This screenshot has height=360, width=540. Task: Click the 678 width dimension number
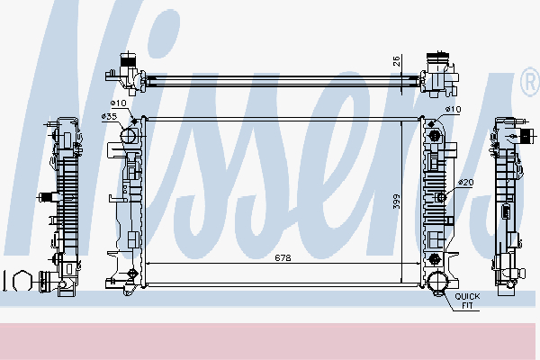click(283, 257)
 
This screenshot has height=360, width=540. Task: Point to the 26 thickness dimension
click(395, 62)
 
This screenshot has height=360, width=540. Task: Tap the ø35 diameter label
click(110, 117)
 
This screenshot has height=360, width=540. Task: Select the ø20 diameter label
click(464, 183)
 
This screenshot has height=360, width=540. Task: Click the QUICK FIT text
click(467, 301)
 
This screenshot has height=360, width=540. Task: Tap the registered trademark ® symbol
click(529, 84)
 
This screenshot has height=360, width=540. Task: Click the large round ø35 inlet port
click(128, 138)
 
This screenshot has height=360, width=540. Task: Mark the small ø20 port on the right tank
click(440, 197)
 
